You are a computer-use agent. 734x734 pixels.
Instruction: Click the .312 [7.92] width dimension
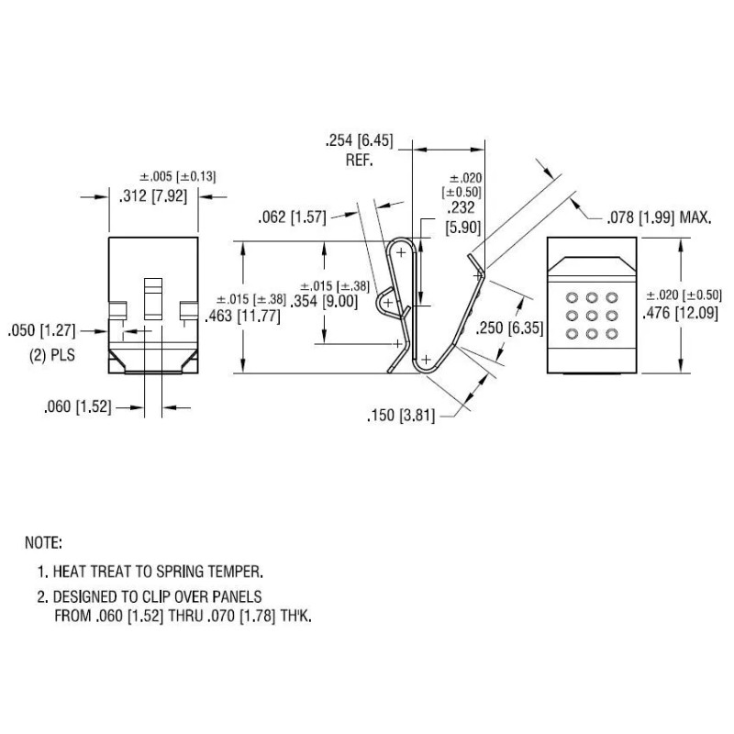click(x=154, y=195)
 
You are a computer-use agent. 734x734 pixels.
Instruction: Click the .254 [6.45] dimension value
click(x=359, y=141)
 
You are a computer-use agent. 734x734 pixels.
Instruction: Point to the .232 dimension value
click(x=463, y=209)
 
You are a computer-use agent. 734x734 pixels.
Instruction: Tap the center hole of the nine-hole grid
click(x=592, y=315)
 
